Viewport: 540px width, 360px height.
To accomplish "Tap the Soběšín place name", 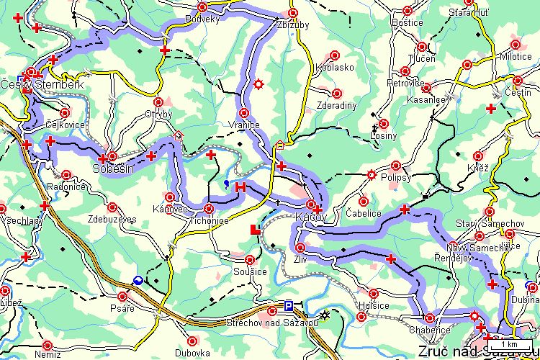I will coord(113,169).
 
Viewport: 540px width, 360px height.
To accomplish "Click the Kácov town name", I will coord(311,216).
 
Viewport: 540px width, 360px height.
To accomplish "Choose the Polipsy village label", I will coord(396,176).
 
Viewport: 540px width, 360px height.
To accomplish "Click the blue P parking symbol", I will coord(289,306).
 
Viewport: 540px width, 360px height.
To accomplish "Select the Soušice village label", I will coord(250,271).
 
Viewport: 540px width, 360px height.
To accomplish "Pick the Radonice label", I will coord(67,186).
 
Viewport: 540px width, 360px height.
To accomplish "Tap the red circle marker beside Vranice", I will coord(244,113).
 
